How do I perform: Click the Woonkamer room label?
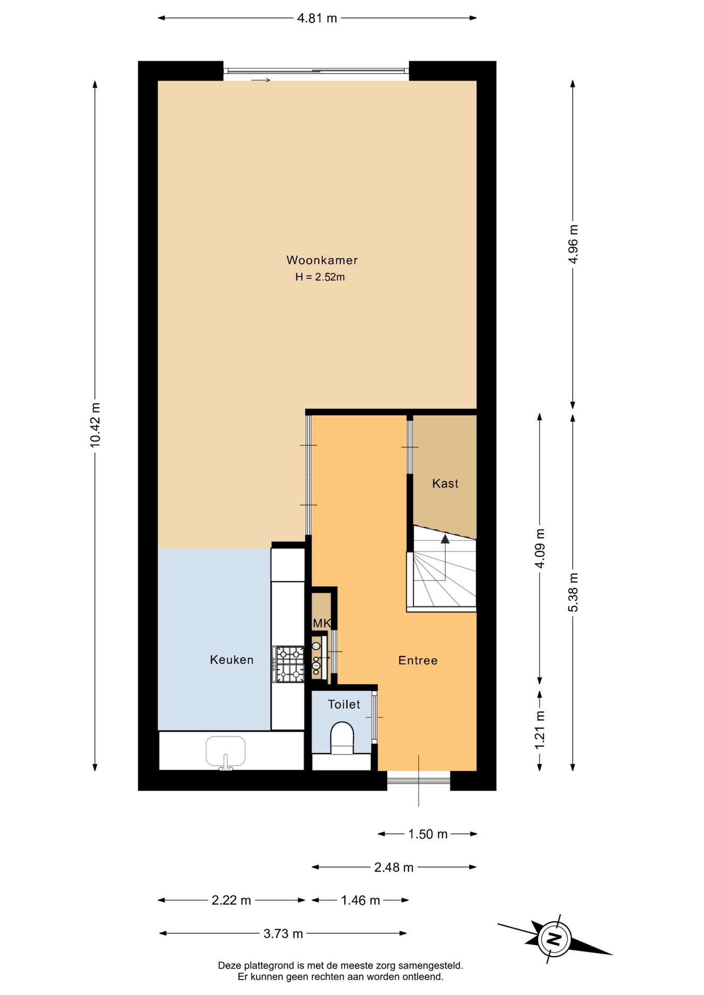click(x=322, y=260)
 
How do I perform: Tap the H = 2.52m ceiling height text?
click(x=320, y=277)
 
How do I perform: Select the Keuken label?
click(x=232, y=660)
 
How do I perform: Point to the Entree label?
click(x=418, y=660)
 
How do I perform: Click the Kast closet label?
click(x=445, y=484)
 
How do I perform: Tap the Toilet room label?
click(x=344, y=704)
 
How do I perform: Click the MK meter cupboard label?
click(x=321, y=623)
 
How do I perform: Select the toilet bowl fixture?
click(x=342, y=737)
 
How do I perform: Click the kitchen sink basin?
click(x=226, y=751)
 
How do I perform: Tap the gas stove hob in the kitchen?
click(x=289, y=664)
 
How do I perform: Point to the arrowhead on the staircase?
click(x=445, y=539)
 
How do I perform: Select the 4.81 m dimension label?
click(x=317, y=19)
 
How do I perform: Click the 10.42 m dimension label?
click(x=95, y=425)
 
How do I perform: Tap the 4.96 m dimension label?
click(x=573, y=244)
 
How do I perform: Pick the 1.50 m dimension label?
click(x=428, y=834)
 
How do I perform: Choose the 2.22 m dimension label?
click(x=231, y=900)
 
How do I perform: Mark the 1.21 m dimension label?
click(x=540, y=730)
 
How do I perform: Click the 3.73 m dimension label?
click(x=283, y=933)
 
